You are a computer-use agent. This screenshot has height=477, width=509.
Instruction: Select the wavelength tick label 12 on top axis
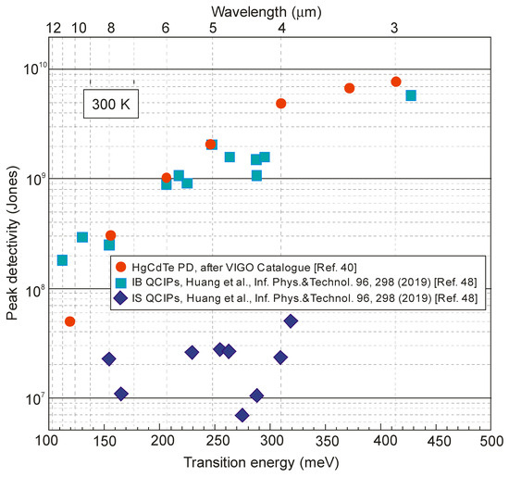55,29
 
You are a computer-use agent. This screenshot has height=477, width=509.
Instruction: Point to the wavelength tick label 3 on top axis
395,29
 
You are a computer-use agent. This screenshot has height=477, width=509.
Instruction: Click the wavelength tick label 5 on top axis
212,29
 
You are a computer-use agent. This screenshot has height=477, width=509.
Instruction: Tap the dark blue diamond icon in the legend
120,298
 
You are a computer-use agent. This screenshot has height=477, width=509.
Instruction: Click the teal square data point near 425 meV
411,95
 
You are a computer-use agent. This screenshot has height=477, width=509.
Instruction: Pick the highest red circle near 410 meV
396,82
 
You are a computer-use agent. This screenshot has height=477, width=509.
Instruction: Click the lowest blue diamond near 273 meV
242,415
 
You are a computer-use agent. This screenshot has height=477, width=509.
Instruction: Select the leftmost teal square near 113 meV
62,260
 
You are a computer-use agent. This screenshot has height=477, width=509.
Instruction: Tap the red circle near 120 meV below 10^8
69,321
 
